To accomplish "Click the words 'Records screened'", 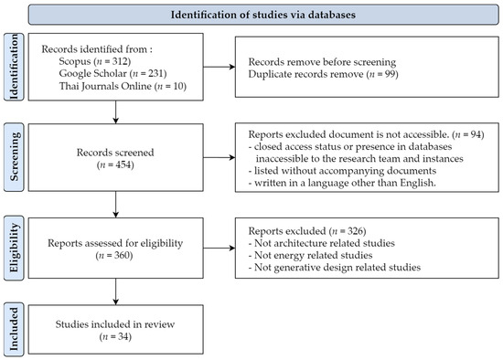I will point(115,149).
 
